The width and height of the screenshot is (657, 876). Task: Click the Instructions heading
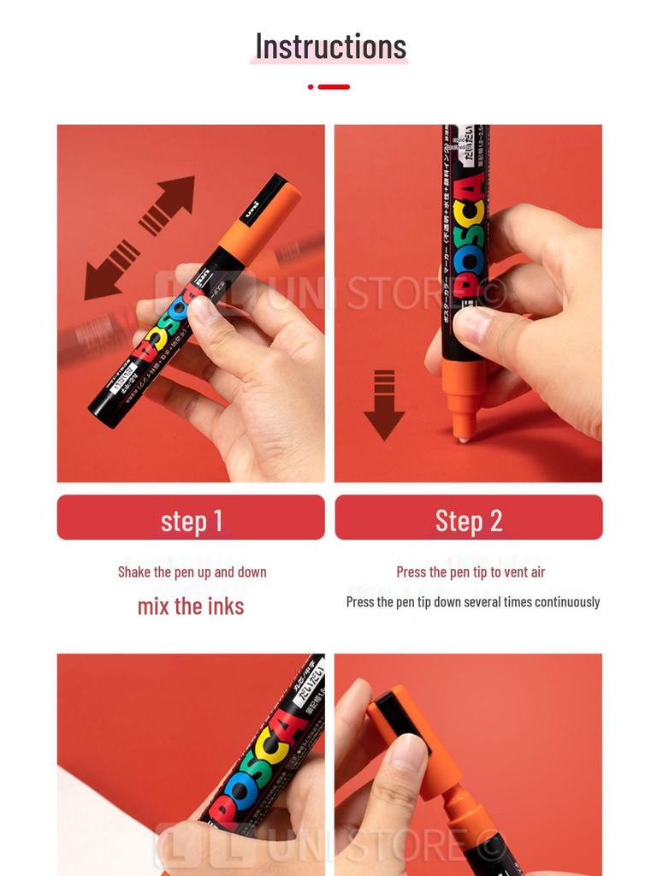(330, 46)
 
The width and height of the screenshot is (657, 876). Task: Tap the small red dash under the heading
(328, 86)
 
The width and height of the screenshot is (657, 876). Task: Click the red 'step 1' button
(191, 518)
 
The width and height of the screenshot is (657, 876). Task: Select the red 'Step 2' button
(468, 518)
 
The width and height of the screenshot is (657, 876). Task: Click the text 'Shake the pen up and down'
(192, 572)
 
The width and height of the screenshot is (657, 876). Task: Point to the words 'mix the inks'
(191, 607)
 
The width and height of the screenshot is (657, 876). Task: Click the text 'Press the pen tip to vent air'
(470, 572)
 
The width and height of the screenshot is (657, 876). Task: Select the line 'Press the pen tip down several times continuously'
(472, 602)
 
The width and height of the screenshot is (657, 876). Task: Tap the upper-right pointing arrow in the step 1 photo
(168, 204)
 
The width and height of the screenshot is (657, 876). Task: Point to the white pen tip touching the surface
(463, 438)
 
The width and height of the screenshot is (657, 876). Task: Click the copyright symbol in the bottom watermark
(493, 847)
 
